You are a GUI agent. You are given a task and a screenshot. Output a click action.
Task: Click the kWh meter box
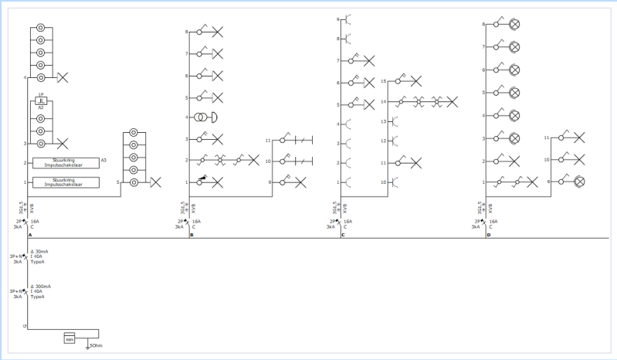pos(69,338)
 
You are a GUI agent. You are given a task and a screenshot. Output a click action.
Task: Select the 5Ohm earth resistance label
pos(96,345)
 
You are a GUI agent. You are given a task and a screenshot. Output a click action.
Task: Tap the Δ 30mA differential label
pos(41,252)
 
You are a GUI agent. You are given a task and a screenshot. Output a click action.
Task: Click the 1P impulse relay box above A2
pos(41,101)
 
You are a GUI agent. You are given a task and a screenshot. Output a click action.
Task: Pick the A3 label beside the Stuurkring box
pos(103,159)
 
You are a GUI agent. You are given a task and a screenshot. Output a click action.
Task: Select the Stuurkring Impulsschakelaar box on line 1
pos(65,182)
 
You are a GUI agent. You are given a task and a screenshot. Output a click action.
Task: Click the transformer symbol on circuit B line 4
pos(201,117)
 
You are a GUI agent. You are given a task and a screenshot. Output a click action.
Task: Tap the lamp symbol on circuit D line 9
pos(579,181)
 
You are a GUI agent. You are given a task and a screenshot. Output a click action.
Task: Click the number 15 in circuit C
pos(383,81)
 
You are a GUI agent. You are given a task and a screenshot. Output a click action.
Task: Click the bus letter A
pos(29,234)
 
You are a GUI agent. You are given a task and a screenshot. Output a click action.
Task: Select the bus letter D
pos(488,234)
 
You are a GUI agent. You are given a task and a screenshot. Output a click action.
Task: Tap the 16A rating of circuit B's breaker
pos(196,221)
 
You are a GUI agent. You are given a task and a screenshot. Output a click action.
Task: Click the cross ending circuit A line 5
pos(155,182)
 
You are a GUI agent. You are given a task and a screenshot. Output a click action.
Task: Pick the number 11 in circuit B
pos(267,141)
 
